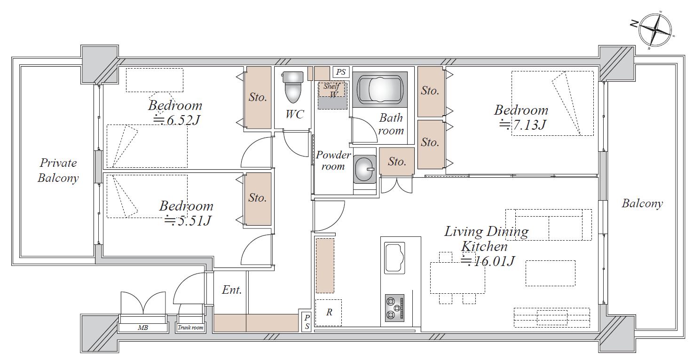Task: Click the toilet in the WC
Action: (x=293, y=87)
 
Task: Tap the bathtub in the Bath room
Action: (x=380, y=89)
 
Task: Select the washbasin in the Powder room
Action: (x=364, y=170)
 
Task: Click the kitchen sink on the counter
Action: (x=394, y=258)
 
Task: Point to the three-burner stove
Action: (x=394, y=308)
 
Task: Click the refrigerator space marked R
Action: (x=328, y=313)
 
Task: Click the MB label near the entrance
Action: (x=142, y=328)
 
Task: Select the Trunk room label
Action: (x=190, y=328)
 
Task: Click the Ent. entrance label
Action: (x=232, y=290)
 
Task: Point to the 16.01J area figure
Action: (x=488, y=262)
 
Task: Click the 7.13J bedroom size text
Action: (x=522, y=125)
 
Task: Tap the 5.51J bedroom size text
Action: (x=188, y=221)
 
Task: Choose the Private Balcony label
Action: (x=58, y=171)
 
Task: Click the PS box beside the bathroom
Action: (x=341, y=72)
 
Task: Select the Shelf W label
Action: (x=332, y=90)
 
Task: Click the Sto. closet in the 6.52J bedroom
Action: (x=258, y=97)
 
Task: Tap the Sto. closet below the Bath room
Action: (x=397, y=162)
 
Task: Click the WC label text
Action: (x=294, y=114)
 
